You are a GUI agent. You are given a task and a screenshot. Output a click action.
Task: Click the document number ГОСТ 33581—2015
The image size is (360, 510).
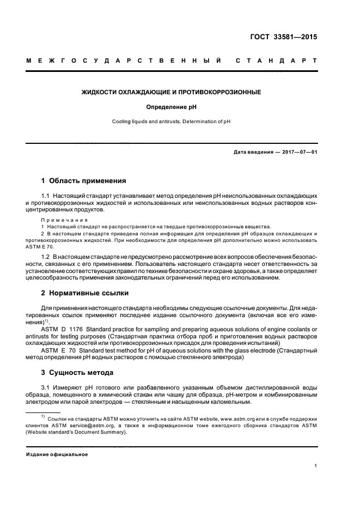[283, 38]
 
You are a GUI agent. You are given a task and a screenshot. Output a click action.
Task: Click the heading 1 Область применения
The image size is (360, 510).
[84, 180]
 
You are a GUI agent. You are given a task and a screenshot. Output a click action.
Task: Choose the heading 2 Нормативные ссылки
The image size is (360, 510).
[85, 293]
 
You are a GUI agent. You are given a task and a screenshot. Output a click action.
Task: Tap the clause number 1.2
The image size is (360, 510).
[46, 256]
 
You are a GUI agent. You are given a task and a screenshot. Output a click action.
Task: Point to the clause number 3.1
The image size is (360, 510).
[46, 388]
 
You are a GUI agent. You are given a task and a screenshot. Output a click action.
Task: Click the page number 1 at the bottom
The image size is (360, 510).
[316, 466]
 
